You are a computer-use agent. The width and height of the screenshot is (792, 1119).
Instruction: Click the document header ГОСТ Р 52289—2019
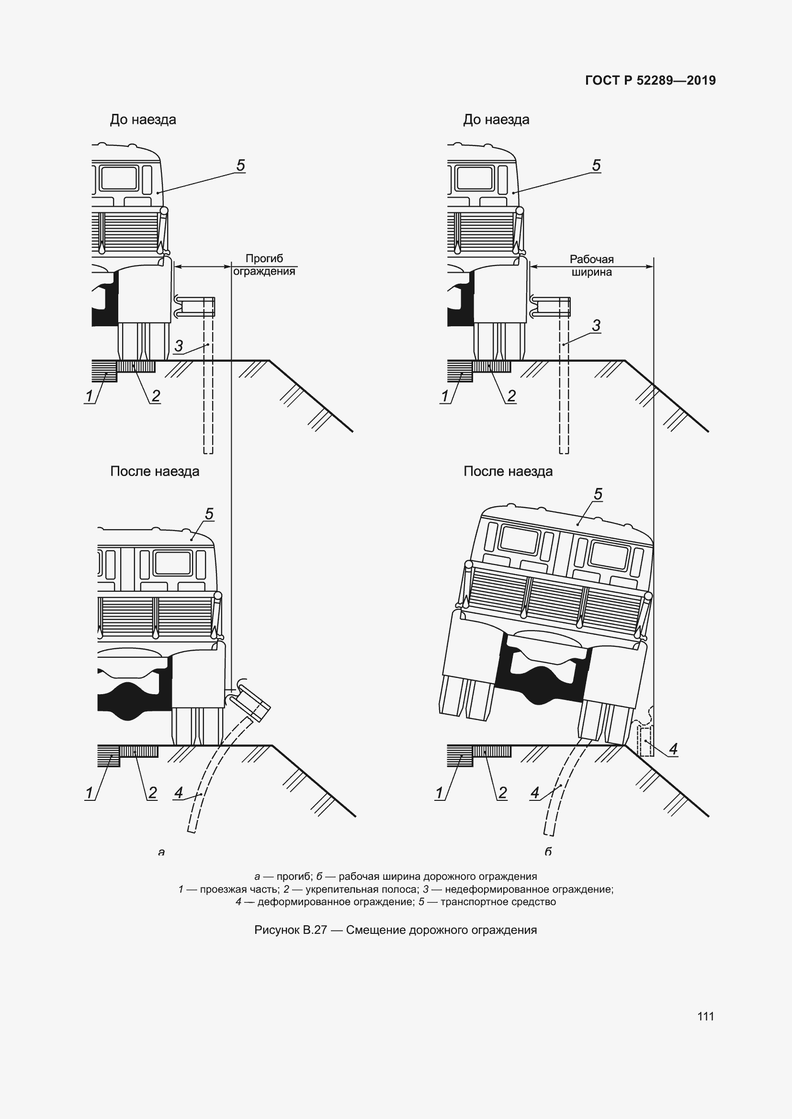pyautogui.click(x=651, y=80)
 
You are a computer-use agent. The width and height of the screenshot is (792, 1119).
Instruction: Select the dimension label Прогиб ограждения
pyautogui.click(x=264, y=265)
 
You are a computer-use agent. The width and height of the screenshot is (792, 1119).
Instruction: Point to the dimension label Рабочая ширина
pyautogui.click(x=591, y=266)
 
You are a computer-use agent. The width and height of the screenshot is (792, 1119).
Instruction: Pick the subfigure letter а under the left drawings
pyautogui.click(x=161, y=853)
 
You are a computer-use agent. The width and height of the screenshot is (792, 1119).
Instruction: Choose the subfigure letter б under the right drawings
pyautogui.click(x=548, y=852)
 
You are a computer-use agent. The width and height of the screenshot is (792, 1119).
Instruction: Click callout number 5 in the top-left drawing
pyautogui.click(x=240, y=165)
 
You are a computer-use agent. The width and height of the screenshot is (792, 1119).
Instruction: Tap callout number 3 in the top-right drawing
pyautogui.click(x=596, y=325)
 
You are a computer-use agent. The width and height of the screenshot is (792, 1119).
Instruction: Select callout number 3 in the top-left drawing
pyautogui.click(x=179, y=345)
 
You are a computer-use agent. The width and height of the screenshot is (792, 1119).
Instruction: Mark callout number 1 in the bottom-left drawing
pyautogui.click(x=89, y=793)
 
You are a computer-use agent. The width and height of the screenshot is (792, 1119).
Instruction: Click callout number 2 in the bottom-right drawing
pyautogui.click(x=502, y=793)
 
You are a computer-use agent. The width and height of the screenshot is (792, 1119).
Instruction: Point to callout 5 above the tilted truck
pyautogui.click(x=598, y=494)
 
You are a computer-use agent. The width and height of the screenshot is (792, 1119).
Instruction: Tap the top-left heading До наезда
pyautogui.click(x=143, y=120)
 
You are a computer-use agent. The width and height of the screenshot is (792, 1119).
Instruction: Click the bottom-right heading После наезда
pyautogui.click(x=508, y=471)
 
